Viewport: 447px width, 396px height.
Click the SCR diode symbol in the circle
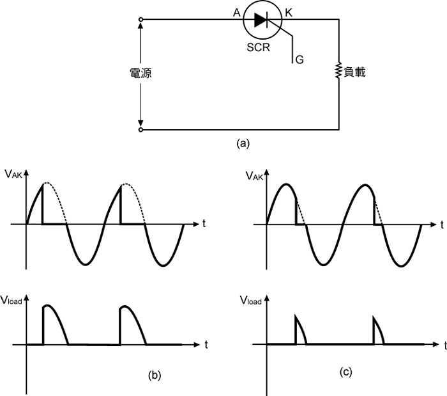point(261,20)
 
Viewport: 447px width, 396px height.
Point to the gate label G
point(299,59)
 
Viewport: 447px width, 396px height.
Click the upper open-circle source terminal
point(140,20)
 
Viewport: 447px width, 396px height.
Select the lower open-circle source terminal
point(140,129)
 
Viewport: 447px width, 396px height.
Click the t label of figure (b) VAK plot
point(203,223)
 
